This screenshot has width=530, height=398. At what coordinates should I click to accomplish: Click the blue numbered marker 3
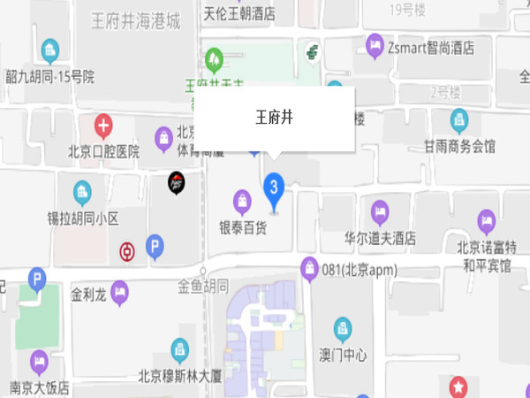[x=274, y=187]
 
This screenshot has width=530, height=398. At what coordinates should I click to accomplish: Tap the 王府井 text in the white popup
[x=274, y=116]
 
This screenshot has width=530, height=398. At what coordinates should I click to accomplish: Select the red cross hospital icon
[x=104, y=126]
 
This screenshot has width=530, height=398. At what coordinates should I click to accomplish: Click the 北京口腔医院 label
[x=104, y=151]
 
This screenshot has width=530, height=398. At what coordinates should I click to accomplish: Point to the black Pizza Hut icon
[x=177, y=183]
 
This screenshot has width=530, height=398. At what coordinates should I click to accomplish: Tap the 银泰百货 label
[x=243, y=227]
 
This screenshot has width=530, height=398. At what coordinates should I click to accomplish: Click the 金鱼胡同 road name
[x=203, y=286]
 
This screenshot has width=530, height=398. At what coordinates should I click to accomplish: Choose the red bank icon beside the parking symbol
[x=127, y=252]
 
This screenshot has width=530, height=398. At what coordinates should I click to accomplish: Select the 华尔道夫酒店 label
[x=381, y=239]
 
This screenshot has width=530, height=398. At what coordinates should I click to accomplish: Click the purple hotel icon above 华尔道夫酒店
[x=380, y=211]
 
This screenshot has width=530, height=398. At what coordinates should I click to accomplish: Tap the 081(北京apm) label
[x=357, y=269]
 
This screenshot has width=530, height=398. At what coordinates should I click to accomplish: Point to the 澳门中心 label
[x=343, y=355]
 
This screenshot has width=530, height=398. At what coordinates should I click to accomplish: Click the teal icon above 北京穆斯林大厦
[x=180, y=348]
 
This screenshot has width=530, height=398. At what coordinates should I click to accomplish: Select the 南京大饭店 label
[x=40, y=387]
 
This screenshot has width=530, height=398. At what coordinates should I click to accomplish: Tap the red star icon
[x=459, y=386]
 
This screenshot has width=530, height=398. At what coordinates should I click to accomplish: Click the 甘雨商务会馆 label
[x=459, y=145]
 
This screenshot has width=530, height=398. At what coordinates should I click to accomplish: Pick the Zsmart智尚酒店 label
[x=431, y=46]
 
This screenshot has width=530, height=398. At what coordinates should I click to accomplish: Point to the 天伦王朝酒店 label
[x=238, y=14]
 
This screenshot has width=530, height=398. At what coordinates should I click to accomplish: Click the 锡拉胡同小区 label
[x=83, y=217]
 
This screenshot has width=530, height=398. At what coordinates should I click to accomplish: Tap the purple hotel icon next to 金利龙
[x=119, y=291]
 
